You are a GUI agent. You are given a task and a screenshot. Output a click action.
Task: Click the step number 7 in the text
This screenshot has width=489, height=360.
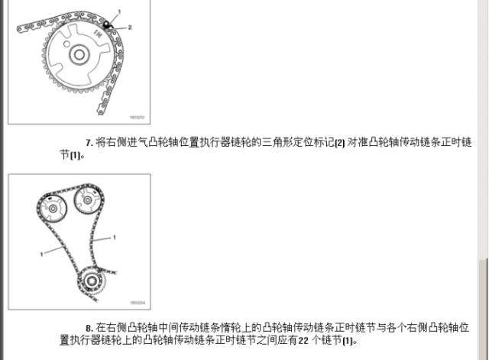coord(88,143)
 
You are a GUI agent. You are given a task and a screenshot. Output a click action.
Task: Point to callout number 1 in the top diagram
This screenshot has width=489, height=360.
coord(118,11)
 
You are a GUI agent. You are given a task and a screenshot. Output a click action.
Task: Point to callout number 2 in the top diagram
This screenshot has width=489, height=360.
coord(130,27)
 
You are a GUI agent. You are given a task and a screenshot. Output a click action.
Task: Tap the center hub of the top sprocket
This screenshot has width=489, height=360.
coord(77,55)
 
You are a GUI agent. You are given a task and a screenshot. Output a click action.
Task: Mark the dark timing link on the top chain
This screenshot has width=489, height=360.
coord(108,25)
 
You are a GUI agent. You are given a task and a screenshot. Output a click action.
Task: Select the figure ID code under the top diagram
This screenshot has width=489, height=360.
coord(137,117)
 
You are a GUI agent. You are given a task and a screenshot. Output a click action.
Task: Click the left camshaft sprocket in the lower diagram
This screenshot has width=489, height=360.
coord(51,207)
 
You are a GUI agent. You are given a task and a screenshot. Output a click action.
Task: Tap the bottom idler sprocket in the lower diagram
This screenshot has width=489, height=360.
coord(92,281)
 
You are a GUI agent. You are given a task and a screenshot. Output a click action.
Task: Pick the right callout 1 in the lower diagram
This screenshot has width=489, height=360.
coord(114,238)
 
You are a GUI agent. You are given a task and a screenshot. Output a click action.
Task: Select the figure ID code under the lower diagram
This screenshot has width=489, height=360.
coord(138,303)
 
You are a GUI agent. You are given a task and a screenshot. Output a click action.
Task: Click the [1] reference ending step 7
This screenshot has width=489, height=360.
coord(75,155)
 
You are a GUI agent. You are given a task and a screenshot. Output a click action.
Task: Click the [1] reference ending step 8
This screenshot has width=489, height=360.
coord(349,339)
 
